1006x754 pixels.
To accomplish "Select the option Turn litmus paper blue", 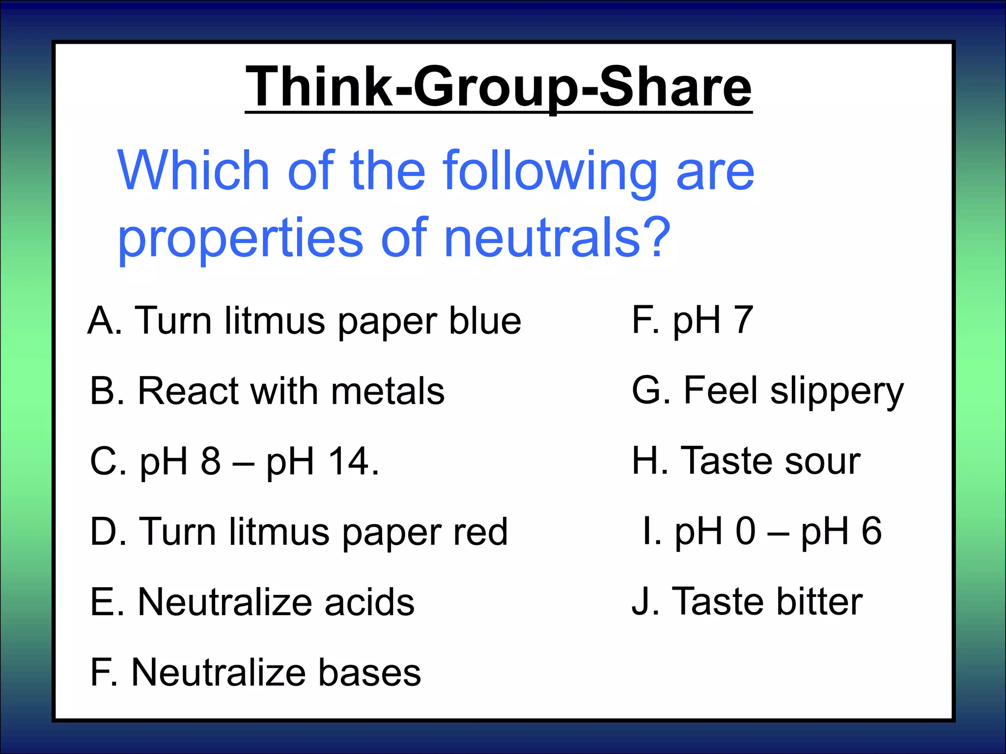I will click(x=305, y=322).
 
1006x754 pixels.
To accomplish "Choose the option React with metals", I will click(x=267, y=392).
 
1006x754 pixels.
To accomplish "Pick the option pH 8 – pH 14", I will click(x=235, y=461).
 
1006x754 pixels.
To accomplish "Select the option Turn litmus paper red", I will click(x=299, y=532).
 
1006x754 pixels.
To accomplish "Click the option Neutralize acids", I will click(x=252, y=602).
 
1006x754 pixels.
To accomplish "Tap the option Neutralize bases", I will click(x=255, y=673).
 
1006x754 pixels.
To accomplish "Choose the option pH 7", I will click(x=693, y=321).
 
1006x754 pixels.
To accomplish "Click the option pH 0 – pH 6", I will click(x=762, y=532).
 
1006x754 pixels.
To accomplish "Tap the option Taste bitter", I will click(x=747, y=602).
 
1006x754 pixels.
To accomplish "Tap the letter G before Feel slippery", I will click(x=647, y=391).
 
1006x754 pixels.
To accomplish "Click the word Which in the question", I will click(x=194, y=171).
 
